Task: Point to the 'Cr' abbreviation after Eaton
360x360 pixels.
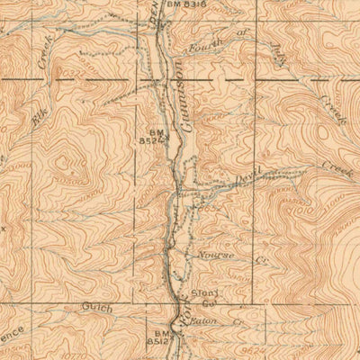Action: coord(238,319)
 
